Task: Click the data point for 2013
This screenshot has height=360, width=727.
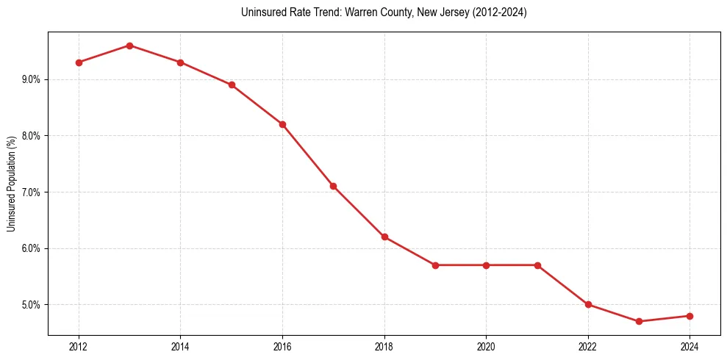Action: [129, 46]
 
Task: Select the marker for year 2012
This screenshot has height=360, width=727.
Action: [79, 62]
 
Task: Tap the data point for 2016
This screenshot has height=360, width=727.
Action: [282, 124]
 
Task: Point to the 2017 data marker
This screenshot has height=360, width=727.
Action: [333, 187]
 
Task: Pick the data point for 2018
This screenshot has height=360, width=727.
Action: [384, 237]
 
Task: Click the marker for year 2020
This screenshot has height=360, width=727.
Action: [486, 265]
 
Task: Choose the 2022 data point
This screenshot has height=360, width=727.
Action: [588, 304]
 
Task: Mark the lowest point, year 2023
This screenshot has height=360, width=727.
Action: [639, 321]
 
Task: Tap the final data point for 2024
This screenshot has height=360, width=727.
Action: [690, 316]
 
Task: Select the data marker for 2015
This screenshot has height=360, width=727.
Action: [232, 84]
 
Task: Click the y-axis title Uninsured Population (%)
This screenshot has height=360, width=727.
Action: [12, 184]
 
